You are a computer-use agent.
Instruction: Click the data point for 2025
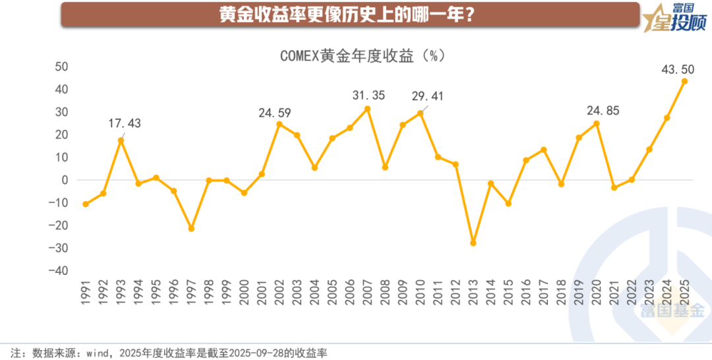click(684, 81)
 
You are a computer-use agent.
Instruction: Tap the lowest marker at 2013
click(473, 243)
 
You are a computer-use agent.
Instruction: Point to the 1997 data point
click(191, 228)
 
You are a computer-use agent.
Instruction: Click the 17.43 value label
click(125, 123)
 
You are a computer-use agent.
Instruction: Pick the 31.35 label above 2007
click(369, 96)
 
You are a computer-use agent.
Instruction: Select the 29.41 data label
click(428, 97)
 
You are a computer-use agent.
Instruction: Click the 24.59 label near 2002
click(274, 113)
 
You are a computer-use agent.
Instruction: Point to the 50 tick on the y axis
click(61, 67)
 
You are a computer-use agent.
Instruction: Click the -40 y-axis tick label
click(58, 271)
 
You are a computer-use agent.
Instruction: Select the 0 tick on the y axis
click(65, 180)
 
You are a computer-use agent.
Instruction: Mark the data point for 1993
click(121, 140)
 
